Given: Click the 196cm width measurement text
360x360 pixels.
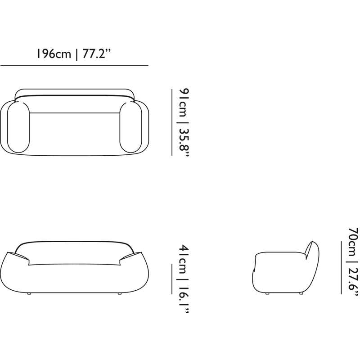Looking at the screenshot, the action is click(x=54, y=54).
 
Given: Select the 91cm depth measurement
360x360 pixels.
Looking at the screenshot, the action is click(x=184, y=103).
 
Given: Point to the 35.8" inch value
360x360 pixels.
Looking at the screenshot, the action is click(x=184, y=142).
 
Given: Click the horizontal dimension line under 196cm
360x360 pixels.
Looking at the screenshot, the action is click(x=74, y=66).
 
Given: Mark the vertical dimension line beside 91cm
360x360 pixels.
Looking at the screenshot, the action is click(x=172, y=122).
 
